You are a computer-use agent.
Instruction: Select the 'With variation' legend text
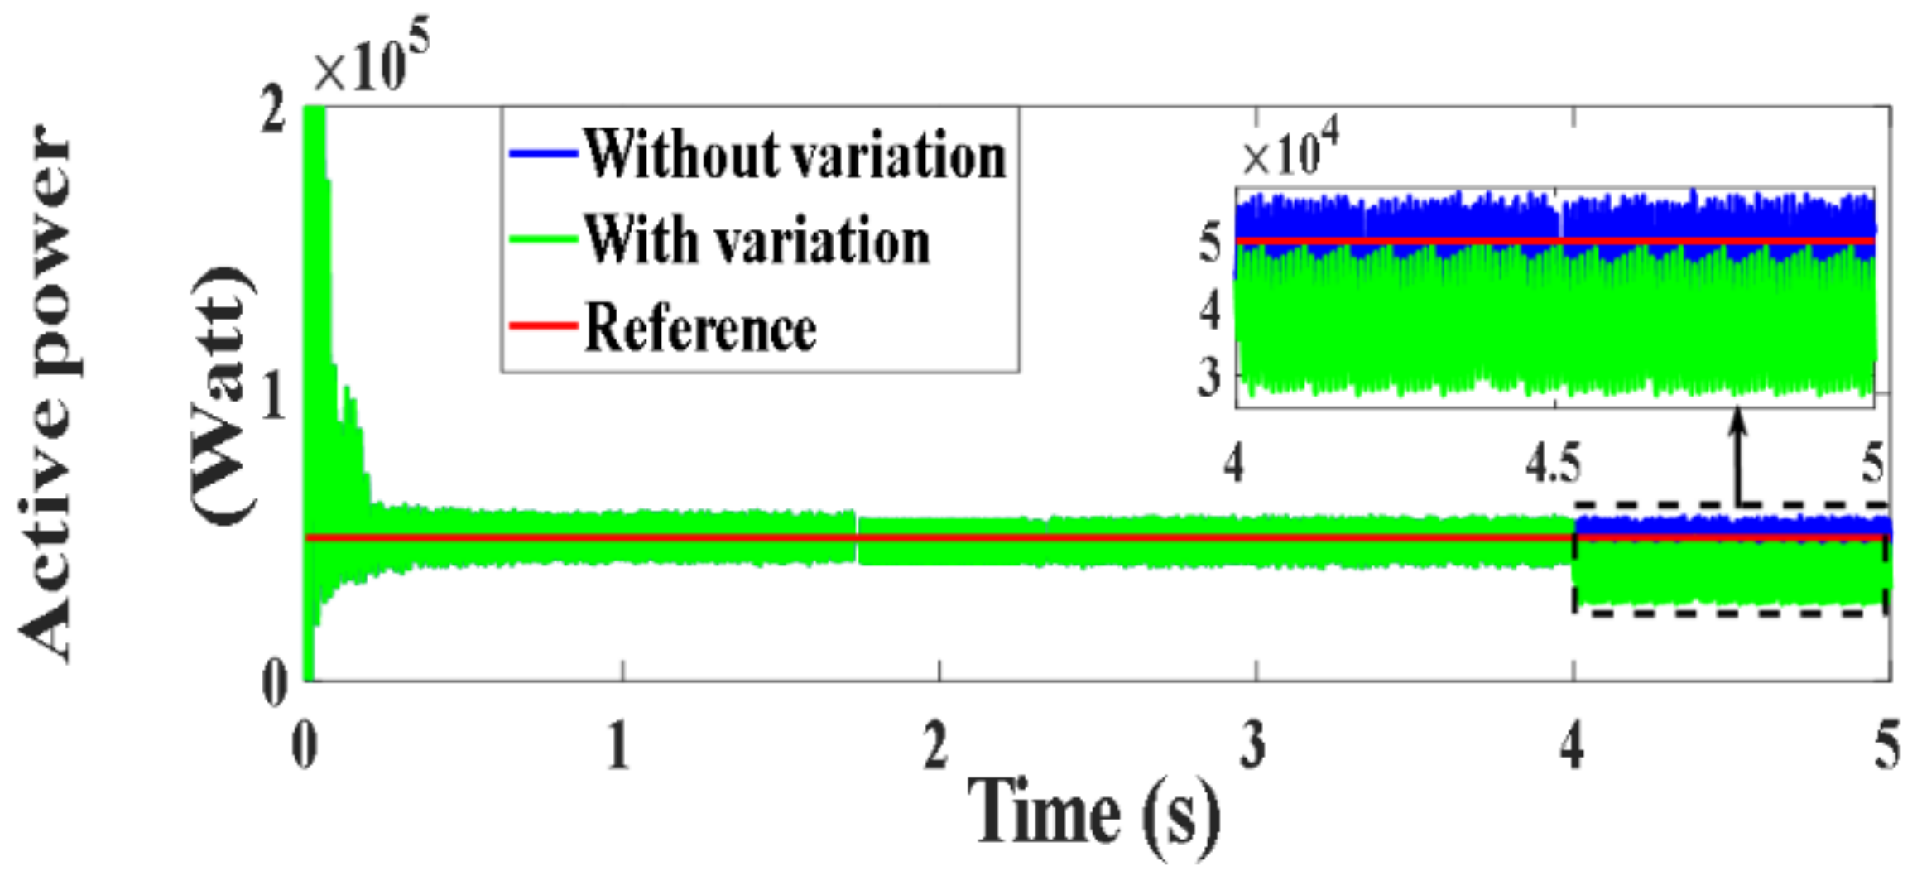[757, 241]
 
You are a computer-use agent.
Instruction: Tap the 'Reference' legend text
[699, 328]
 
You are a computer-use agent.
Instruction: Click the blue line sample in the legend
[542, 154]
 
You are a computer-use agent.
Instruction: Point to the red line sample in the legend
[542, 326]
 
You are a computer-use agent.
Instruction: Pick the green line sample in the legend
[542, 240]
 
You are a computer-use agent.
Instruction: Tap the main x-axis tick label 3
[1253, 744]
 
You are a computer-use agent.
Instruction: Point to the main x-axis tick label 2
[935, 744]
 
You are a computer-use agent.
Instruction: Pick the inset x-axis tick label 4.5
[1553, 463]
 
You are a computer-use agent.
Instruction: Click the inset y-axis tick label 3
[1209, 378]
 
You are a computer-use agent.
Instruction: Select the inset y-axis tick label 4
[1209, 312]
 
